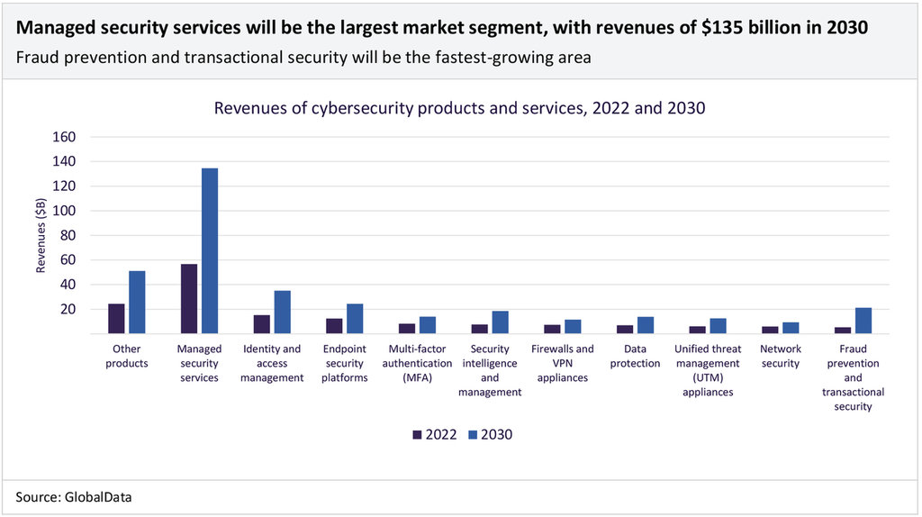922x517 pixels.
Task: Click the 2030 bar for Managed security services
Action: (x=210, y=251)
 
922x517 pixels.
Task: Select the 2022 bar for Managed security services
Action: (x=189, y=299)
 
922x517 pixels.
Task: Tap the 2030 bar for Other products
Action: (x=137, y=303)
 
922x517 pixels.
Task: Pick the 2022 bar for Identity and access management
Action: (x=262, y=324)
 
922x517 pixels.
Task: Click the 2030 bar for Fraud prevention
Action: (x=863, y=321)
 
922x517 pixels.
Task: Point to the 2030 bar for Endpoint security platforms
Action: (x=355, y=319)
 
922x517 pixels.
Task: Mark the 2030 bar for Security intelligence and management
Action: (x=501, y=322)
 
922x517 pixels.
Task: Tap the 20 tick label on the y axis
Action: (x=68, y=309)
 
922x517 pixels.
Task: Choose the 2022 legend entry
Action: (x=435, y=434)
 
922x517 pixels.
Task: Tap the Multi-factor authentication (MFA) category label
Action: (x=420, y=363)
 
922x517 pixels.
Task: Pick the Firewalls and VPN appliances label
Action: (x=563, y=363)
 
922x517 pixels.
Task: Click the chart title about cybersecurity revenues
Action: (x=459, y=108)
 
